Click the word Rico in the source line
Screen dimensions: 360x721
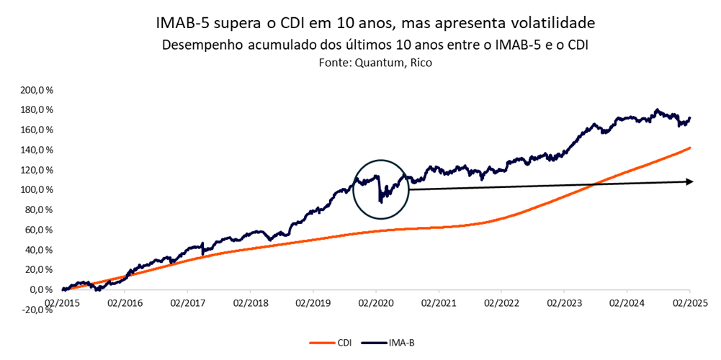point(421,63)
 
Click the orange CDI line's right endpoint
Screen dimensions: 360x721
point(690,148)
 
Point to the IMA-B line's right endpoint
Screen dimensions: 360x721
point(690,117)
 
